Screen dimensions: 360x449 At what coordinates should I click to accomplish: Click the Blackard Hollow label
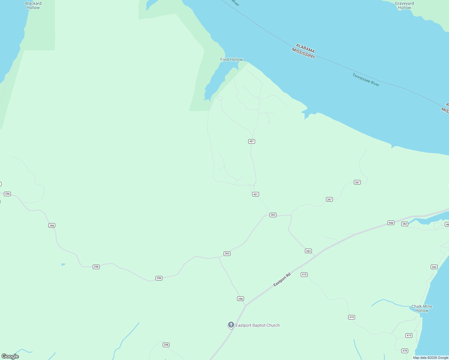coord(33,5)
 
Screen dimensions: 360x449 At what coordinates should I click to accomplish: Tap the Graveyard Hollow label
coord(404,5)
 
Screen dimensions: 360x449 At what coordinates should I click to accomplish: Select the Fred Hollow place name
coord(231,59)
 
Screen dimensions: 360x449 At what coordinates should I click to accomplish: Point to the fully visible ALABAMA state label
coord(305,48)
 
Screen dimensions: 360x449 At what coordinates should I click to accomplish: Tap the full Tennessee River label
coord(366,80)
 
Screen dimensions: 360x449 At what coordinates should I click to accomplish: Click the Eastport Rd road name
coord(282,280)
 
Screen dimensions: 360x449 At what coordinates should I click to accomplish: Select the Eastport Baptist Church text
coord(258,325)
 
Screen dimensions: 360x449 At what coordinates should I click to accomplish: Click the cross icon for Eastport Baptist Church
coord(231,325)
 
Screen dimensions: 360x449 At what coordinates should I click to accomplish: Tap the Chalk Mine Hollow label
coord(422,308)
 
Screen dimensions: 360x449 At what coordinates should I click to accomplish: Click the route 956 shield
coord(391,223)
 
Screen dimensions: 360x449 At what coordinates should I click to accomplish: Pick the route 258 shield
coord(166,345)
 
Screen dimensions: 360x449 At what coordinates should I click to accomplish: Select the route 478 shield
coord(405,351)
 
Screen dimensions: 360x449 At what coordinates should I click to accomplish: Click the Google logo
coord(10,356)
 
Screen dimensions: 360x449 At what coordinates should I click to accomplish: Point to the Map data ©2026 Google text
coord(430,358)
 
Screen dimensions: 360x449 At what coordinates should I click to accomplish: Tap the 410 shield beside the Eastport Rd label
coord(304,274)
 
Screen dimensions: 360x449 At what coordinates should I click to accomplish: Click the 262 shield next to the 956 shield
coord(405,224)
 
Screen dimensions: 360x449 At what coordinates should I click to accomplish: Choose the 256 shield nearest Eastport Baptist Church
coord(240,298)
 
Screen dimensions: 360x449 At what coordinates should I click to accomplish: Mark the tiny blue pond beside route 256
coord(63,264)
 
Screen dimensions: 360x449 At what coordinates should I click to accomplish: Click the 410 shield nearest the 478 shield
coord(409,335)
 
